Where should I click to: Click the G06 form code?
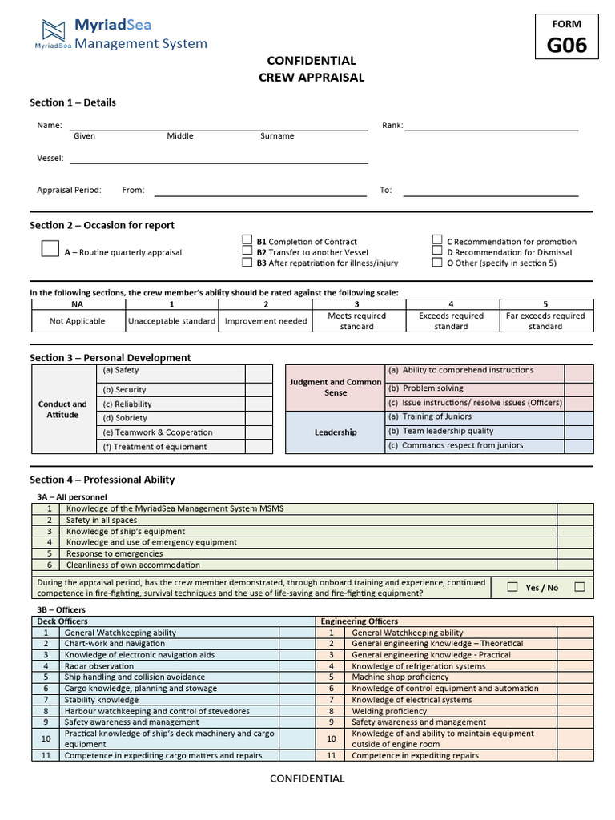point(566,46)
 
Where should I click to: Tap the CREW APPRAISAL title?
point(311,78)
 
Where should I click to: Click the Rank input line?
point(491,126)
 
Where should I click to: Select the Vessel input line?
point(219,159)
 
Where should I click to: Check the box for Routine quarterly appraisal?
point(50,248)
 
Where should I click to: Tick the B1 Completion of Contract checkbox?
point(247,240)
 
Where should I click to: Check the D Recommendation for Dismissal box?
point(437,251)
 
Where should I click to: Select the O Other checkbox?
point(437,262)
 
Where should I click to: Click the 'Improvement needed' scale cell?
point(266,321)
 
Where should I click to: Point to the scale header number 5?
point(545,304)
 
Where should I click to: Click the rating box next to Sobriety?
point(259,418)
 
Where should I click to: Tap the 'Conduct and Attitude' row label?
point(62,409)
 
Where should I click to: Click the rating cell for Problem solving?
point(579,388)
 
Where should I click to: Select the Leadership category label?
point(336,432)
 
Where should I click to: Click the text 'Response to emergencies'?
point(115,553)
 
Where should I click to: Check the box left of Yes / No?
point(512,587)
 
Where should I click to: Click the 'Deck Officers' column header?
point(62,621)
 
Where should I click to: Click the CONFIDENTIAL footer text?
point(307,778)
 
